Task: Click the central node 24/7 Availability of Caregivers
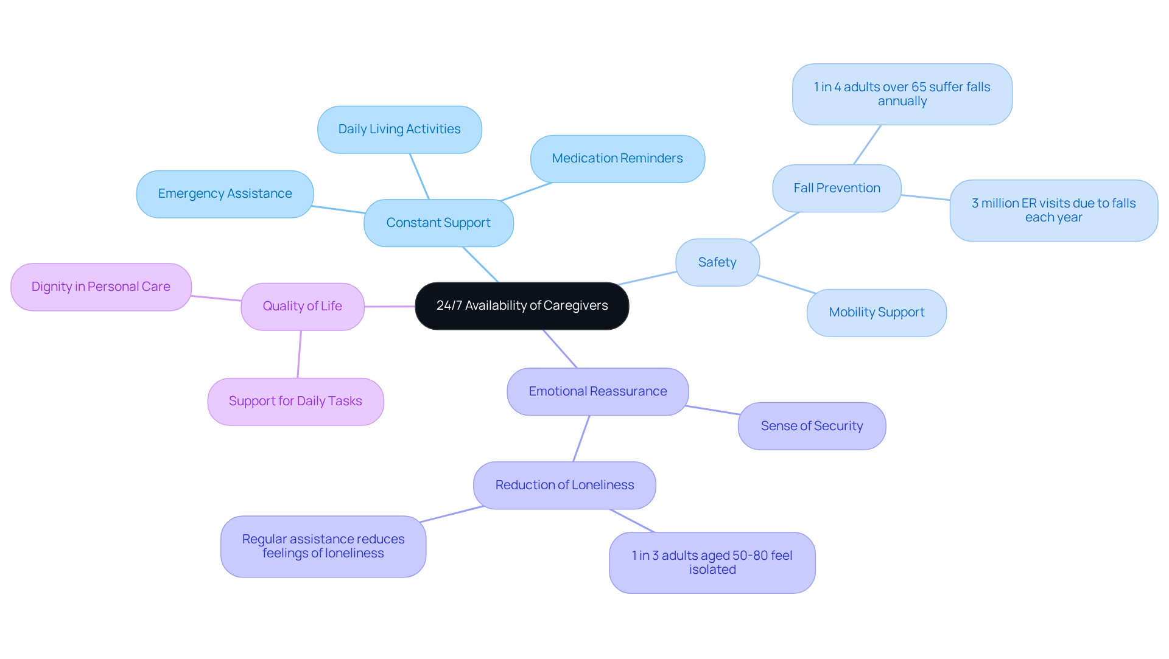(522, 305)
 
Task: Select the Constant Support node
(438, 223)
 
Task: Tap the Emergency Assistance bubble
(225, 194)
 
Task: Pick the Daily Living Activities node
(399, 129)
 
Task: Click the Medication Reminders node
(617, 158)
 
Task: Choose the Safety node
(717, 262)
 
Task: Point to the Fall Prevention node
(837, 188)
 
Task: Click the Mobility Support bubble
(876, 312)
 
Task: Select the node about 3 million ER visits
(1053, 210)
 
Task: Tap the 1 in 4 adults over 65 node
(902, 94)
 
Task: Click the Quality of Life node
(303, 306)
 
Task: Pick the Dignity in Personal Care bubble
(101, 287)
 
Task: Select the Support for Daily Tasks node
(295, 401)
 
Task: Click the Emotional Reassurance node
(598, 391)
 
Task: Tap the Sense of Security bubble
(812, 426)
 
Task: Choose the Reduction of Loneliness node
(564, 485)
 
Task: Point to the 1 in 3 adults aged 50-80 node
(712, 562)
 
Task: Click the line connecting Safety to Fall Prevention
(774, 227)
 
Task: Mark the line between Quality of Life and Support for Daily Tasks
(299, 354)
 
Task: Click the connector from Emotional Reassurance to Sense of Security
(713, 410)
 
